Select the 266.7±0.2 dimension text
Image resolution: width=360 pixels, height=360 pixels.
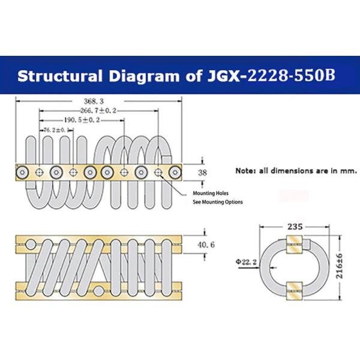tap(99, 111)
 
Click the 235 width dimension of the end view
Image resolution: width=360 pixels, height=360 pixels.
tap(293, 227)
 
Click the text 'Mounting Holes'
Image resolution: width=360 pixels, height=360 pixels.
tap(211, 194)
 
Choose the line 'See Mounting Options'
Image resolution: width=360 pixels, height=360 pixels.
tap(218, 202)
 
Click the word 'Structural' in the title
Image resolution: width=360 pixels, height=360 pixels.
tap(56, 77)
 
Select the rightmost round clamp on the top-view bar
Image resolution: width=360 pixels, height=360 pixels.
tap(175, 172)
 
